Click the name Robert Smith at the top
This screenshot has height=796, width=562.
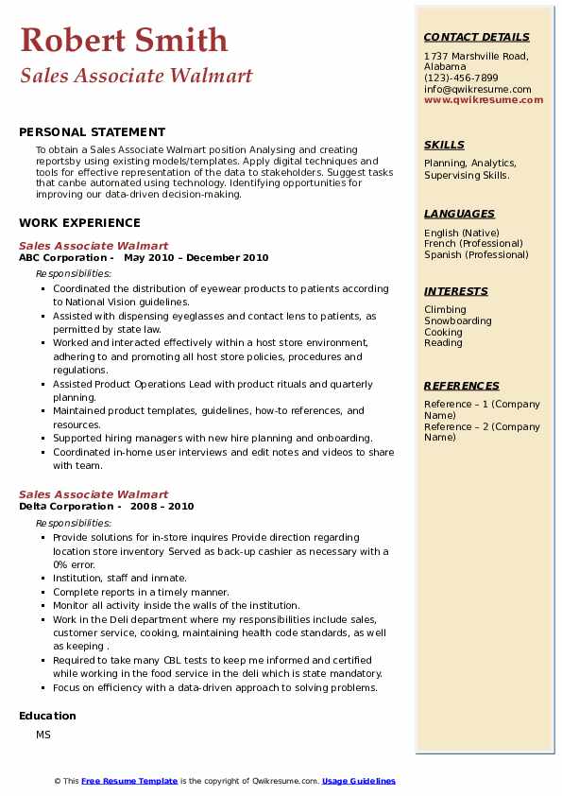pyautogui.click(x=124, y=40)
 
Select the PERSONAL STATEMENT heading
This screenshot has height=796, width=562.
pyautogui.click(x=92, y=132)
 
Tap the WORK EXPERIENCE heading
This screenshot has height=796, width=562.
pyautogui.click(x=79, y=223)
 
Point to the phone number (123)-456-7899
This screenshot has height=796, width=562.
pyautogui.click(x=461, y=78)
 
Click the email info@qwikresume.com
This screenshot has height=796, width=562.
pyautogui.click(x=477, y=89)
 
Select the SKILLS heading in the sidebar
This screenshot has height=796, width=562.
pyautogui.click(x=444, y=145)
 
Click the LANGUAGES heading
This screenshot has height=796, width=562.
pyautogui.click(x=459, y=214)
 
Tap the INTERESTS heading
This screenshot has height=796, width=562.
pyautogui.click(x=456, y=291)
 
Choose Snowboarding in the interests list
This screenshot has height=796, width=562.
pyautogui.click(x=457, y=320)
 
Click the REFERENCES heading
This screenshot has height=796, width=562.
pyautogui.click(x=461, y=386)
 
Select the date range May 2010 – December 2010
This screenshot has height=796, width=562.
pyautogui.click(x=196, y=257)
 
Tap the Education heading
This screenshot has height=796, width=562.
pyautogui.click(x=47, y=716)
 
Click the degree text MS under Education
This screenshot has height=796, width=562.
pyautogui.click(x=43, y=735)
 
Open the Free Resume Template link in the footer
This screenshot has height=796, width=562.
pyautogui.click(x=128, y=781)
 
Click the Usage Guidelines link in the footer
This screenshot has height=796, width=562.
pyautogui.click(x=358, y=781)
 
